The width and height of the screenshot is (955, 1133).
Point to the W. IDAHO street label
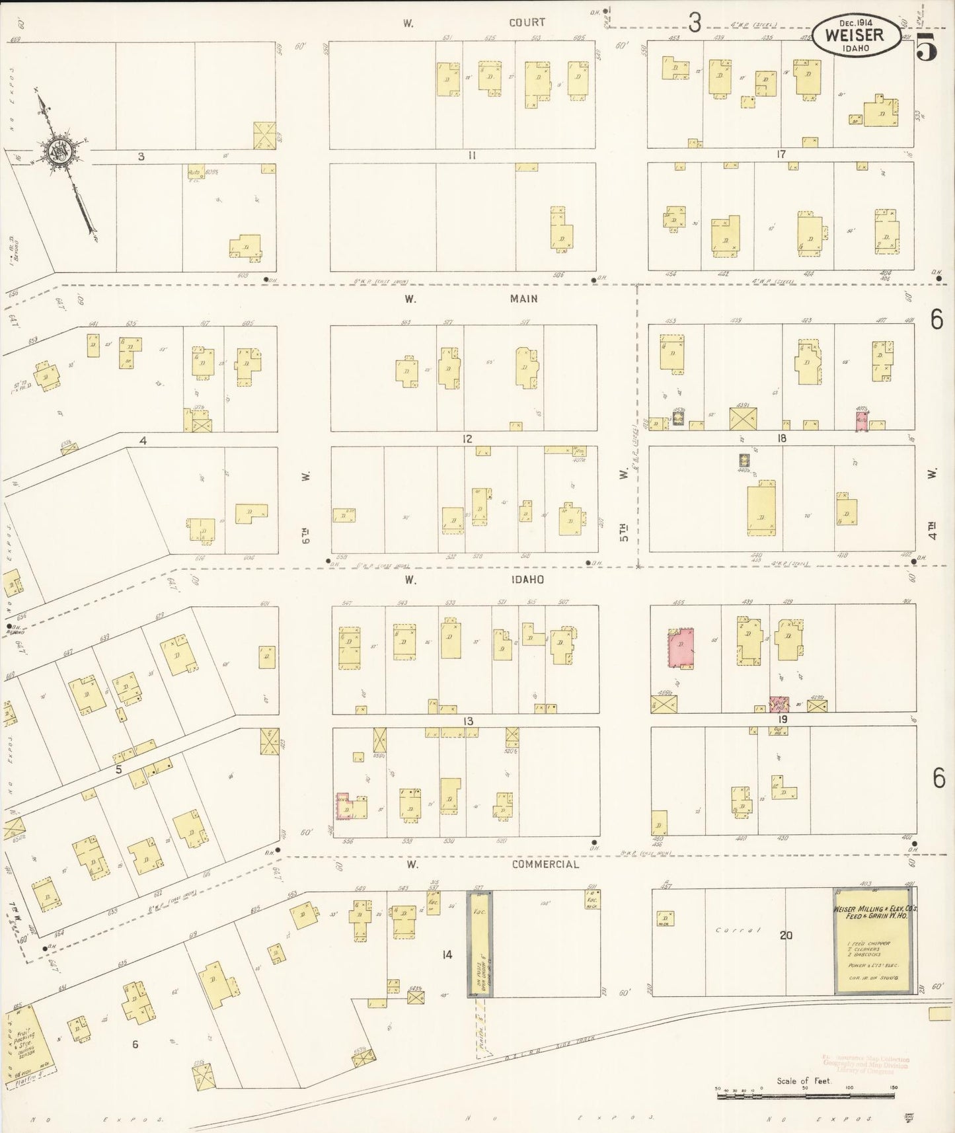coord(475,580)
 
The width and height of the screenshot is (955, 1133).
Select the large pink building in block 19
coord(681,648)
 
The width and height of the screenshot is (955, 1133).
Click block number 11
coord(472,156)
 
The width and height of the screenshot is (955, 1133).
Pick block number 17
coord(781,155)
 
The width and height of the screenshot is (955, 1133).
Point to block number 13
coord(469,721)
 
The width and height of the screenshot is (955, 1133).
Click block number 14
coord(447,955)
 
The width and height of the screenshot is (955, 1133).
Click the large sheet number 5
coord(927,48)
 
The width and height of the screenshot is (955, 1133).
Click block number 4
coord(143,440)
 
